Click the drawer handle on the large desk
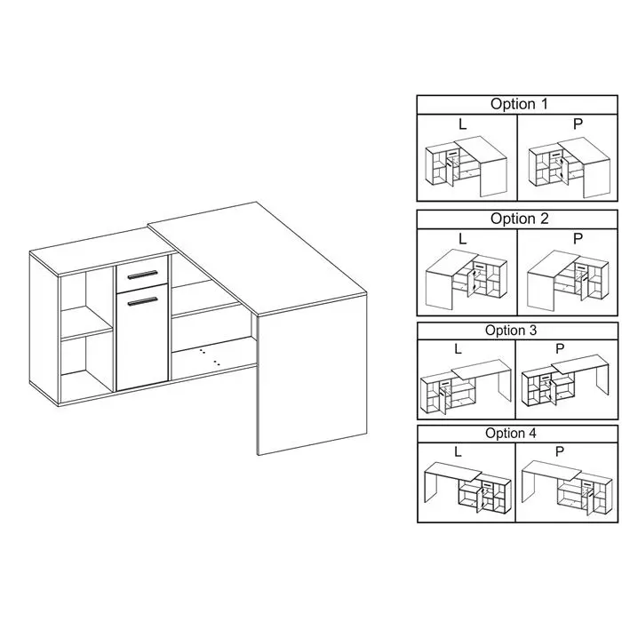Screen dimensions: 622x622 pyautogui.click(x=142, y=275)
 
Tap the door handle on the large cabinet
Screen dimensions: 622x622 pyautogui.click(x=142, y=301)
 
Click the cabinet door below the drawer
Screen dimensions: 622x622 pyautogui.click(x=142, y=337)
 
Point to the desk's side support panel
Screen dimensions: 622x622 pyautogui.click(x=312, y=374)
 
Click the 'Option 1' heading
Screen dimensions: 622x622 pyautogui.click(x=519, y=104)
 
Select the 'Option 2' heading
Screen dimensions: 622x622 pyautogui.click(x=519, y=219)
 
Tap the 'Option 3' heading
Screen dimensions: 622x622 pyautogui.click(x=511, y=330)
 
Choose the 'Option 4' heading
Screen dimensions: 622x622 pyautogui.click(x=511, y=434)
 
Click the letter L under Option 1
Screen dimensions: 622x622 pyautogui.click(x=462, y=124)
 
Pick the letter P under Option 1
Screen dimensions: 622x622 pyautogui.click(x=578, y=124)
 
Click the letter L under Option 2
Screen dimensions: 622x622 pyautogui.click(x=462, y=239)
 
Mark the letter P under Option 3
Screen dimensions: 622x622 pyautogui.click(x=560, y=348)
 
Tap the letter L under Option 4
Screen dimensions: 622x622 pyautogui.click(x=458, y=451)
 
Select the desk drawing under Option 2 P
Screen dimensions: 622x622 pyautogui.click(x=568, y=280)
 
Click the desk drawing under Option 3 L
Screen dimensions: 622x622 pyautogui.click(x=466, y=387)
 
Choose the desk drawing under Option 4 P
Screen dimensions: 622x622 pyautogui.click(x=565, y=488)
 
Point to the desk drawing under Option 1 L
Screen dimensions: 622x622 pyautogui.click(x=466, y=167)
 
